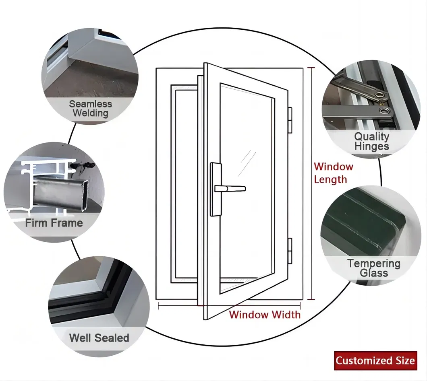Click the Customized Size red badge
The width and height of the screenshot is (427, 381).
point(375,360)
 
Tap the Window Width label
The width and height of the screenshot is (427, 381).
point(265,315)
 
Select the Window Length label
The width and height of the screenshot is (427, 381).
point(333,173)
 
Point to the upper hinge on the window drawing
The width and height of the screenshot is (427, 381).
point(290,120)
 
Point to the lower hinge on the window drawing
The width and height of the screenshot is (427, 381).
point(290,249)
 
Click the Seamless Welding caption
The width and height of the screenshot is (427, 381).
point(90,109)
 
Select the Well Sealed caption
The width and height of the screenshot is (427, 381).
point(99,338)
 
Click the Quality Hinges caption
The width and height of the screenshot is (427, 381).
point(371,142)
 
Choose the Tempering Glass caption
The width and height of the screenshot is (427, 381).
point(374,268)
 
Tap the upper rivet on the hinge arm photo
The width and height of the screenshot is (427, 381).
point(379,95)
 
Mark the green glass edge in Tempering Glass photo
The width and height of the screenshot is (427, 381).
point(363,225)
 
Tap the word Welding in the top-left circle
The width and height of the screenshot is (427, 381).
point(90,113)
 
